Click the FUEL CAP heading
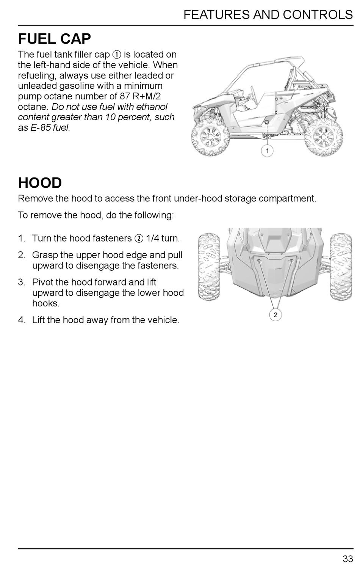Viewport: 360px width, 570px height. [55, 39]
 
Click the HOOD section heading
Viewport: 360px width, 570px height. [40, 183]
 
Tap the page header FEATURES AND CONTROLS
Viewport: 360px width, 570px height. [268, 15]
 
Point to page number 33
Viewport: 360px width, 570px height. [347, 559]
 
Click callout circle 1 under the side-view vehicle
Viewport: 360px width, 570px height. [267, 151]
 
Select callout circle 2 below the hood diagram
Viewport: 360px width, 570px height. [275, 315]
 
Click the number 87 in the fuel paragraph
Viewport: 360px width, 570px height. [125, 96]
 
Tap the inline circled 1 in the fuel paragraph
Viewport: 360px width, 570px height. [117, 55]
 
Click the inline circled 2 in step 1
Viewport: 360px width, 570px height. [138, 239]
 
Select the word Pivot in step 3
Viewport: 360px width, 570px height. [43, 283]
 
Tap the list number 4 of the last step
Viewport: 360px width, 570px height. [21, 320]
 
